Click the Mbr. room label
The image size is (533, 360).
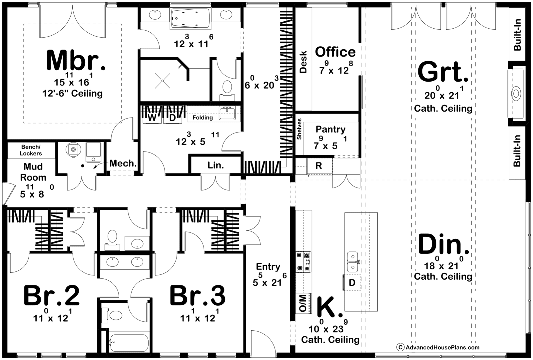point(76,60)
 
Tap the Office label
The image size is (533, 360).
point(335,52)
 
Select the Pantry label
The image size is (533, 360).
point(330,129)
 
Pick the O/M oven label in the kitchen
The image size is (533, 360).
point(302,303)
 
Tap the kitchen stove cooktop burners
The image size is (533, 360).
point(303,262)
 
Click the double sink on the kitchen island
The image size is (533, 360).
point(353,262)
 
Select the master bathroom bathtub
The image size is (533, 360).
point(190,19)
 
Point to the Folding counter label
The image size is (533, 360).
point(203,118)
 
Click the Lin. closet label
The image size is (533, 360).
point(216,165)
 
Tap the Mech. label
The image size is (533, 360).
point(123,163)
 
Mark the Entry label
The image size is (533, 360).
point(268,267)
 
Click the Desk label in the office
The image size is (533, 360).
point(303,62)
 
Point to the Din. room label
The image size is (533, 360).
point(443,244)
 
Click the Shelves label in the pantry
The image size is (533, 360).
point(299,129)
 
